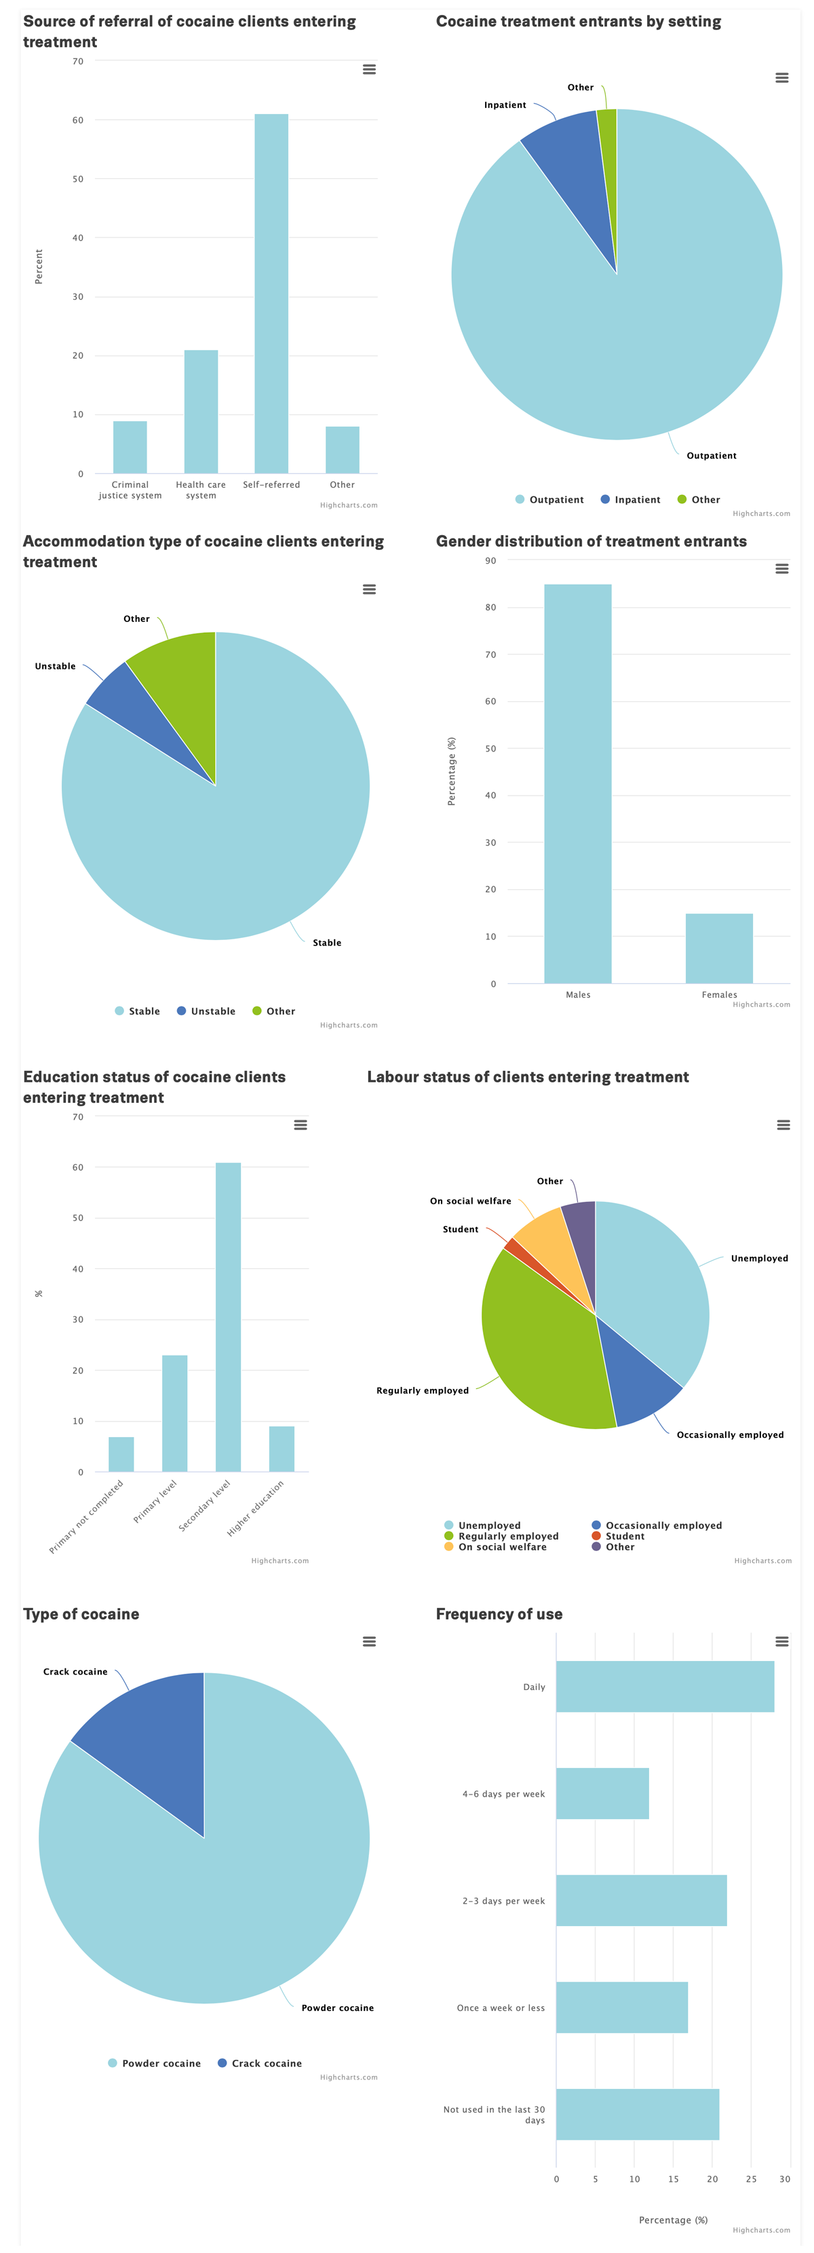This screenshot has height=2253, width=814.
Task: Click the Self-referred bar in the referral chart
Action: pyautogui.click(x=271, y=294)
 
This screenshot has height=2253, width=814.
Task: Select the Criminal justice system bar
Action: pyautogui.click(x=130, y=447)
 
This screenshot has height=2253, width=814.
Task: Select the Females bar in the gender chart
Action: pyautogui.click(x=719, y=948)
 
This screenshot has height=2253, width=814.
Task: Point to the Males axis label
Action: pyautogui.click(x=578, y=994)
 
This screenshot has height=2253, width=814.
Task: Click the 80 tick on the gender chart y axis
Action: pyautogui.click(x=490, y=607)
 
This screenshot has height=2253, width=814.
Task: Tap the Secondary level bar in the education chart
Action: pyautogui.click(x=228, y=1317)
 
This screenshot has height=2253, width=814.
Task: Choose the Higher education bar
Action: pyautogui.click(x=282, y=1449)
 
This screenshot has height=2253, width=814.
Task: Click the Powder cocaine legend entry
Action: pyautogui.click(x=161, y=2063)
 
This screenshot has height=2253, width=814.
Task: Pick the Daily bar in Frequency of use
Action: pyautogui.click(x=665, y=1686)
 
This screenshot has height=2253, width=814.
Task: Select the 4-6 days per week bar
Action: pyautogui.click(x=602, y=1793)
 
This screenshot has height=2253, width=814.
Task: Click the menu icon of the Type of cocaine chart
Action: pyautogui.click(x=369, y=1642)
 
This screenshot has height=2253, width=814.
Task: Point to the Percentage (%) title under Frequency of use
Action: pyautogui.click(x=672, y=2220)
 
